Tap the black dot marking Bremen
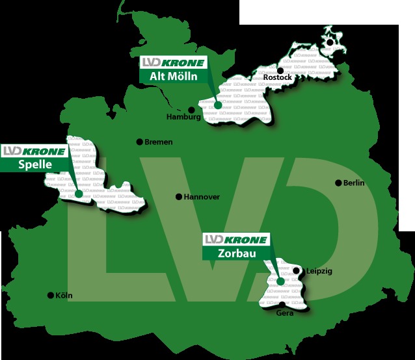coord(139,142)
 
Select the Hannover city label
coord(202,197)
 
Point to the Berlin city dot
coord(338,183)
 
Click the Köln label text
coord(64,296)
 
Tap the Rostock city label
coord(278,78)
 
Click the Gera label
coord(285,313)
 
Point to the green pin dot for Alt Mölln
coord(218,105)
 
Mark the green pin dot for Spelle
coord(78,193)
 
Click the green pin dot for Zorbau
coord(280,282)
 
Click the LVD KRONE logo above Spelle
coord(34,151)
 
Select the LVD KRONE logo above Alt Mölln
coord(172,63)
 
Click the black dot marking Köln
coord(51,295)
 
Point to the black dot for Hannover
coord(179,196)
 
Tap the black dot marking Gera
coord(281,305)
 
